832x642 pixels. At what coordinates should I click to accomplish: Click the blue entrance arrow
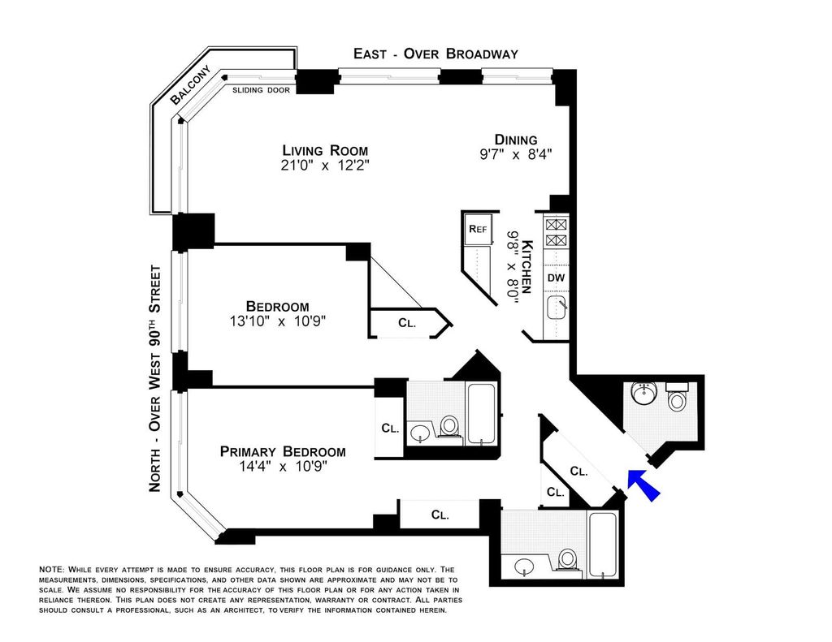pos(643,484)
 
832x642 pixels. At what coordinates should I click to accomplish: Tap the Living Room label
pos(325,150)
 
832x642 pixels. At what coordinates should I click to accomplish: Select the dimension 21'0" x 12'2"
pos(325,166)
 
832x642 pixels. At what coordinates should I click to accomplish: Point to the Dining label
pos(516,140)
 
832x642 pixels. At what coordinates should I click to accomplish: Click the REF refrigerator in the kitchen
pos(478,229)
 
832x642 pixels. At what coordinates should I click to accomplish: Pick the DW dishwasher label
pos(556,278)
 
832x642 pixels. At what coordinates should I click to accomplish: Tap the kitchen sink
pos(557,307)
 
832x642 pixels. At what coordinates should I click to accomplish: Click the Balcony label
pos(190,85)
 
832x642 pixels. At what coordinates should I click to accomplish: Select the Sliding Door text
pos(261,90)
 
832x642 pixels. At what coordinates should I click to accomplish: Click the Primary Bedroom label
pos(283,452)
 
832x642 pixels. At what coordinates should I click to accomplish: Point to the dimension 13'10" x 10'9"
pos(278,321)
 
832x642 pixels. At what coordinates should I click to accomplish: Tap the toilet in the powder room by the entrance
pos(677,397)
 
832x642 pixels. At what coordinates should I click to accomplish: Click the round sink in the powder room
pos(644,392)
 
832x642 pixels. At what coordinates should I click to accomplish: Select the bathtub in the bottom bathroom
pos(603,545)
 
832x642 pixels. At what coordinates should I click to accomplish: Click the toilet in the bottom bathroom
pos(566,560)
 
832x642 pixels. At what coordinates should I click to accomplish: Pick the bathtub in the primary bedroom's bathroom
pos(482,413)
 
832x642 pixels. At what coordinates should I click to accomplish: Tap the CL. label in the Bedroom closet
pos(407,323)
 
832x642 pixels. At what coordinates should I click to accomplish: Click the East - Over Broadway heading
pos(435,54)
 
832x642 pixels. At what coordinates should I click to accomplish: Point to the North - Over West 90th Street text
pos(154,378)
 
